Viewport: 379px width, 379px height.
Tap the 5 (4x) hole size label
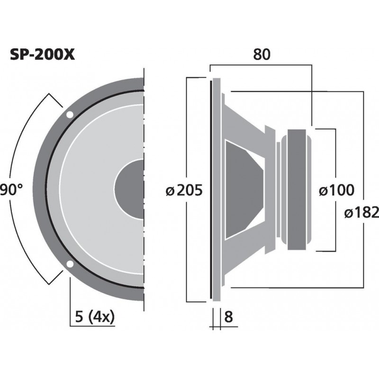pyautogui.click(x=95, y=316)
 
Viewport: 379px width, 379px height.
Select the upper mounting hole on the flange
pyautogui.click(x=70, y=115)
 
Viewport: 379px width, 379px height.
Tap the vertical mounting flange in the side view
pyautogui.click(x=217, y=189)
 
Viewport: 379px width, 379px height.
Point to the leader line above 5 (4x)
pyautogui.click(x=70, y=294)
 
